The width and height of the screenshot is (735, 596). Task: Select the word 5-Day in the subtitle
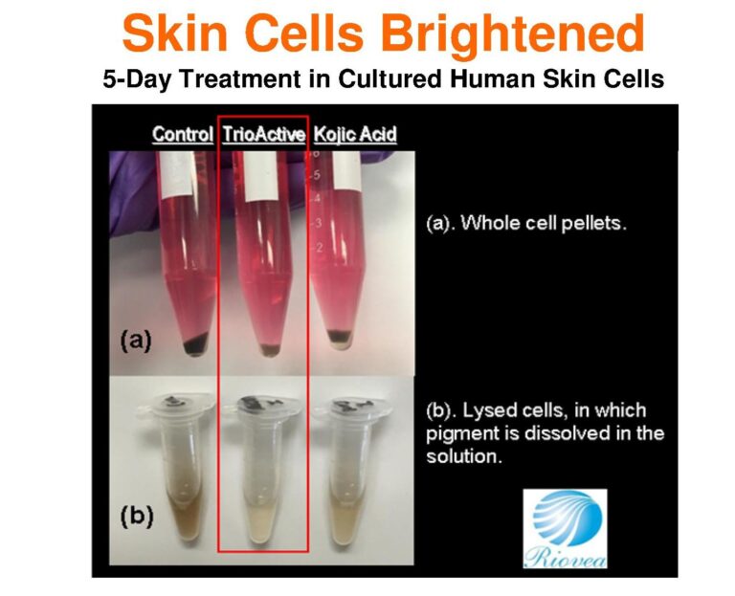(137, 78)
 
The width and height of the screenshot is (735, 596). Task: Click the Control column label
(183, 135)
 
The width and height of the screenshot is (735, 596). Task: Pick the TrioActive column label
(263, 135)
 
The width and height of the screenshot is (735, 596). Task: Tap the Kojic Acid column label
(355, 135)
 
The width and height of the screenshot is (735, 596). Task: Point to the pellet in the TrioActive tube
(270, 349)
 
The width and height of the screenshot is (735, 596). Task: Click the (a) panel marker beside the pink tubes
(136, 341)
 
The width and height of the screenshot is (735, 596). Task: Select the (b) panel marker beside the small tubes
(137, 516)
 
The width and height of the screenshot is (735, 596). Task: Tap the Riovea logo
(566, 529)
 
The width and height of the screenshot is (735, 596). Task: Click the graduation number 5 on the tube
(318, 175)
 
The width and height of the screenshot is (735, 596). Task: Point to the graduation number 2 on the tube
(320, 247)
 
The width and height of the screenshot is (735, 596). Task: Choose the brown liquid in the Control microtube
(187, 515)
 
